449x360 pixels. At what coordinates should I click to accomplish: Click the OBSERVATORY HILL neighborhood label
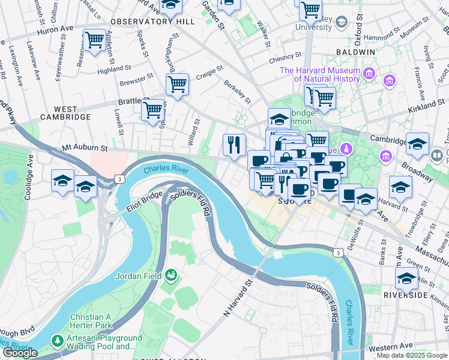click(x=152, y=21)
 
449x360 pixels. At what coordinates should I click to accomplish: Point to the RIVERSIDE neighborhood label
click(x=406, y=296)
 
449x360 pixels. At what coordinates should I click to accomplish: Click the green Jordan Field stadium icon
click(x=171, y=275)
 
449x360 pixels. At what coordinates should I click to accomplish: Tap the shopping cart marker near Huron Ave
click(x=94, y=41)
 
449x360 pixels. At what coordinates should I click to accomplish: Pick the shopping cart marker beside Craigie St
click(x=177, y=84)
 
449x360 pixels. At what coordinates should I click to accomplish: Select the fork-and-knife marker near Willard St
click(x=234, y=145)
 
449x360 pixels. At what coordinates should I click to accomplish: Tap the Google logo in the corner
click(x=20, y=353)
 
